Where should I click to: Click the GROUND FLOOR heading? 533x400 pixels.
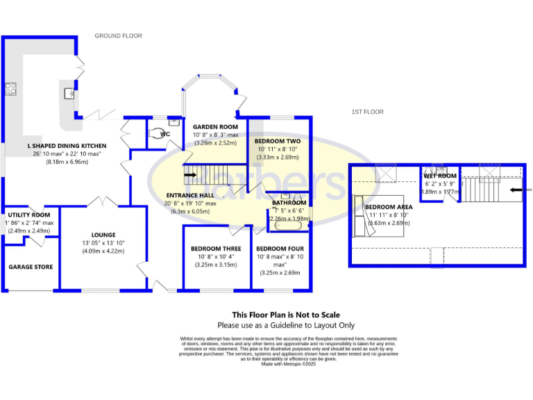(x=118, y=35)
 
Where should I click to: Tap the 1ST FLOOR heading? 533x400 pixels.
(x=368, y=112)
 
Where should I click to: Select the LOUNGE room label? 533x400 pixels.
(x=103, y=235)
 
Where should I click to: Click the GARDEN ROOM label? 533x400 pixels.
(x=214, y=126)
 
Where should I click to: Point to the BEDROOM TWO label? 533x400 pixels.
(x=278, y=141)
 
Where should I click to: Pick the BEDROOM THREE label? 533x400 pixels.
(x=216, y=249)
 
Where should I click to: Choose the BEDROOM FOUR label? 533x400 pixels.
(x=280, y=249)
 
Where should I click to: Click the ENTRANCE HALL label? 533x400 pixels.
(x=191, y=195)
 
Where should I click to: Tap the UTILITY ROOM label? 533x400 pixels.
(x=28, y=215)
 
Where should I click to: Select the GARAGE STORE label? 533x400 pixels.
(x=31, y=267)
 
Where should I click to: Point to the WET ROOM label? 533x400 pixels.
(x=440, y=176)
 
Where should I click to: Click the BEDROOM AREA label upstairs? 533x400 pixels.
(x=389, y=207)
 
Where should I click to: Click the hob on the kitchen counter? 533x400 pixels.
(x=11, y=89)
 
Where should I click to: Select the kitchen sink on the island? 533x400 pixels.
(x=70, y=92)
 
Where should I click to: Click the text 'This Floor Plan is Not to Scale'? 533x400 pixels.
(x=285, y=315)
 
